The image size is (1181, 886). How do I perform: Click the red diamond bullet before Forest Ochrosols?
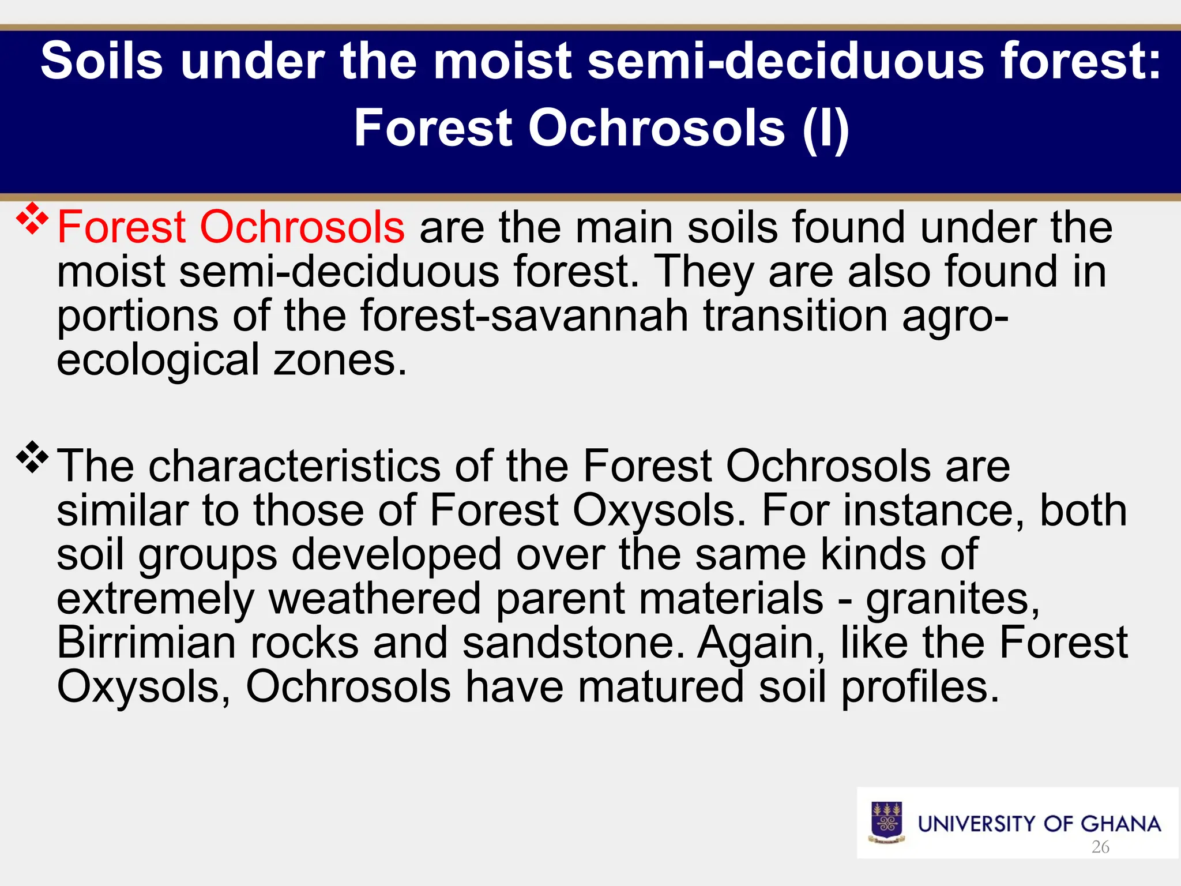(32, 219)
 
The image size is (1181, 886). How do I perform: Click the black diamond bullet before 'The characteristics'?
(32, 457)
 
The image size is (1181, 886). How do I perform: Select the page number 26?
(1100, 847)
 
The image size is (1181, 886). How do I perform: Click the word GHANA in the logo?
(1120, 824)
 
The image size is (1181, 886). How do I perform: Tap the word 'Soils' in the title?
(102, 61)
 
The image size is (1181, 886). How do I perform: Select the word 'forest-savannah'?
(524, 317)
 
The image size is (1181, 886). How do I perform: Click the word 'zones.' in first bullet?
(340, 361)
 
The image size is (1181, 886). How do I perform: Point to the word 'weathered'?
(375, 599)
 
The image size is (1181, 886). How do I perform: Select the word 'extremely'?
(155, 599)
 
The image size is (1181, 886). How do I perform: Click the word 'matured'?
(660, 688)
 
